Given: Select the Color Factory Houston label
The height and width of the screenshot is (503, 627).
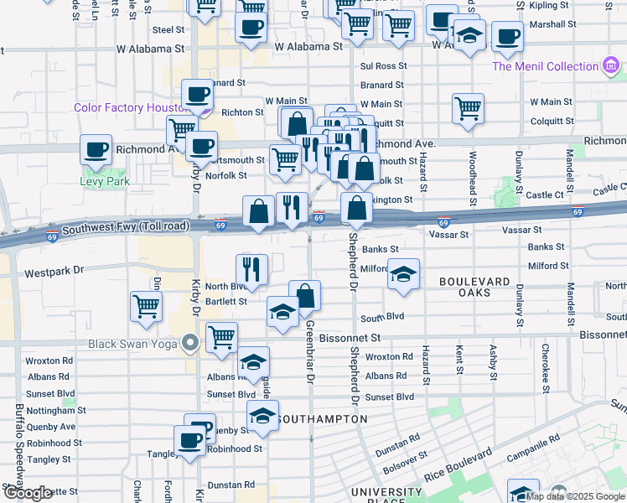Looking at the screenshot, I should coord(128,107).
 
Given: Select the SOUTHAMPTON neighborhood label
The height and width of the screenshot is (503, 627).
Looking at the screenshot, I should coord(313,418).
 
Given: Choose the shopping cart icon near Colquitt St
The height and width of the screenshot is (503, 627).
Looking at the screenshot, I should coord(468,107).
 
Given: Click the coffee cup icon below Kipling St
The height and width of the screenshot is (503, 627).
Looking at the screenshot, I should coord(506,37).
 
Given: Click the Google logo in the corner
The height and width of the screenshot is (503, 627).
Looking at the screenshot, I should coord(27,493).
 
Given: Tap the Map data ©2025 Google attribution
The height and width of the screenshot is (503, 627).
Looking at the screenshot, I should coord(576,496).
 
